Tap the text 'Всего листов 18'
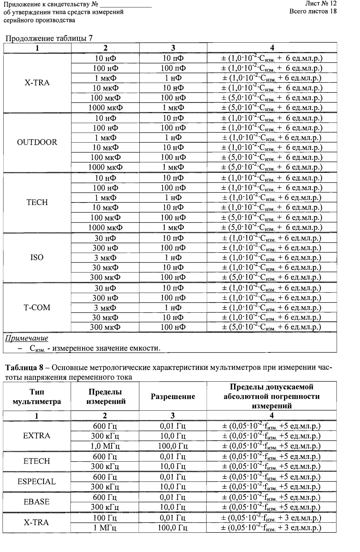click(313, 11)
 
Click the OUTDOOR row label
click(37, 142)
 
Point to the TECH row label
click(37, 202)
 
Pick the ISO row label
click(37, 257)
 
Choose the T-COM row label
click(37, 308)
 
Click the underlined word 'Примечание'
click(26, 338)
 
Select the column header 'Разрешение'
click(173, 397)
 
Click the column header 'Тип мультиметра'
click(37, 397)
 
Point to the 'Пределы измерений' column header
click(105, 397)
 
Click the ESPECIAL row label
click(37, 482)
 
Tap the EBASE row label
click(37, 502)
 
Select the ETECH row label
click(37, 461)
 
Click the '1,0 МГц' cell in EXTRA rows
click(105, 446)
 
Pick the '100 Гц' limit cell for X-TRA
click(105, 518)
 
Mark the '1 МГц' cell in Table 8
click(105, 528)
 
